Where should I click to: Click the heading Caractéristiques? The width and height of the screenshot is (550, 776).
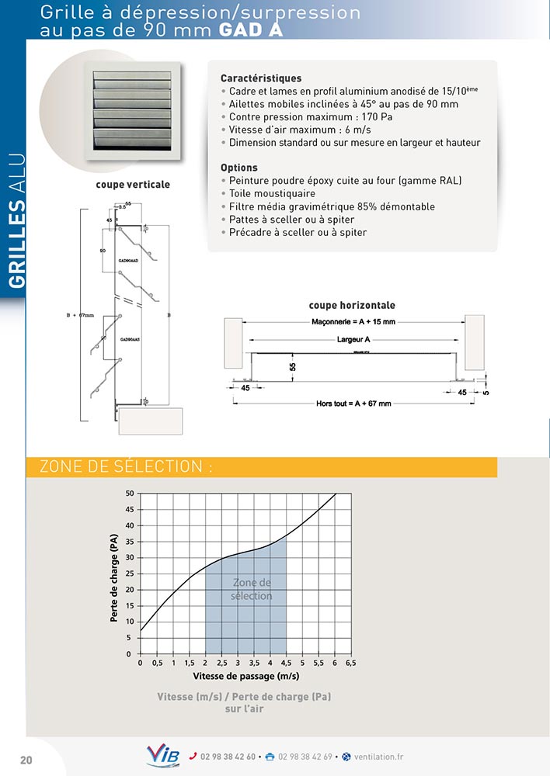coord(261,78)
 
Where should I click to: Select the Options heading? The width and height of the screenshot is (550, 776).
coord(238,168)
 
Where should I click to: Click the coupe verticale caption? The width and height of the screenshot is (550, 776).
coord(133,185)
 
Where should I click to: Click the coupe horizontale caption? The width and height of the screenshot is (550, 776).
coord(352,306)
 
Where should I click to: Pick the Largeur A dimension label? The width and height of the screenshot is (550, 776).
coord(353,340)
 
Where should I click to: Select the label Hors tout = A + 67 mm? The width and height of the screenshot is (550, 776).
coord(353,404)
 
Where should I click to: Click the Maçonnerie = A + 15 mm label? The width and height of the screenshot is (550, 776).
coord(353,321)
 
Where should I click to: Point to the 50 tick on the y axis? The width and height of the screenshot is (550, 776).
coord(130,494)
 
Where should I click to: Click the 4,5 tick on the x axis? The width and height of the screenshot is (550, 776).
coord(286,664)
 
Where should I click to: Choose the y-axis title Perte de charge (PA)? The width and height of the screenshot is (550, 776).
coord(114,578)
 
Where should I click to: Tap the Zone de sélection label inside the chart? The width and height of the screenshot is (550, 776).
coord(252,589)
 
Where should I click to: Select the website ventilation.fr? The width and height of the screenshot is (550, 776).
coord(378,757)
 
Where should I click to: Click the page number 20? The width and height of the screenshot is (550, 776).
coord(26,759)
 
